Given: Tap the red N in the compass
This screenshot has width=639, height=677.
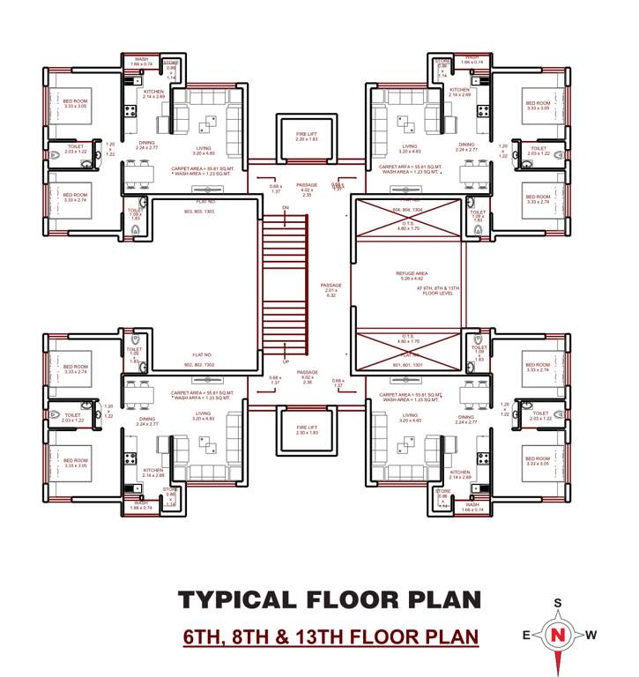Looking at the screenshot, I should click(556, 635).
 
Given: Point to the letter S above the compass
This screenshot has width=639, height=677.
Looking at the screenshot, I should click(557, 603).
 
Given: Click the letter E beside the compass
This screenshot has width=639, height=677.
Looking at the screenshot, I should click(525, 635).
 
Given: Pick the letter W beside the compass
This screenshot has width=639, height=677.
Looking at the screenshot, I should click(591, 635).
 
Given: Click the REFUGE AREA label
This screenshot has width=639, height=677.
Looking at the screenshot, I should click(411, 273).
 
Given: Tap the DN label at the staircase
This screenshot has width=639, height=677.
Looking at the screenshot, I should click(285, 208).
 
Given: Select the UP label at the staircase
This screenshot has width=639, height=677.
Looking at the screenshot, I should click(286, 361).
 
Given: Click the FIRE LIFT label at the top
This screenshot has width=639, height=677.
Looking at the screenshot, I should click(306, 134).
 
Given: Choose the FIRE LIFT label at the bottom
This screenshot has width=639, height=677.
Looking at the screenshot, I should click(306, 428).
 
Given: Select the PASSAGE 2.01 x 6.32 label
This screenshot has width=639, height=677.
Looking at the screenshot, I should click(331, 290).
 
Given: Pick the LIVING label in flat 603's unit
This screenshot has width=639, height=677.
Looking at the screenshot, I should click(204, 146).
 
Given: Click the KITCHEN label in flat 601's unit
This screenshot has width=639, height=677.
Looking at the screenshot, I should click(460, 472).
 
